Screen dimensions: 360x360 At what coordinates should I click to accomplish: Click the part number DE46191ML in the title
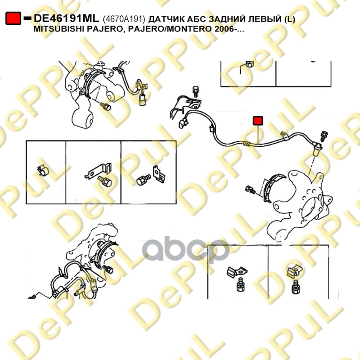(x=66, y=18)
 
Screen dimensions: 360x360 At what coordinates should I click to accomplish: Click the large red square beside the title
(x=13, y=18)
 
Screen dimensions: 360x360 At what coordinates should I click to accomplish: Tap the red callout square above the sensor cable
(x=258, y=121)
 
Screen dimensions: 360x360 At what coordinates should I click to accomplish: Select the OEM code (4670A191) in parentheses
(x=124, y=19)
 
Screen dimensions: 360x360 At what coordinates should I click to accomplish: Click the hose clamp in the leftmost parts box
(x=43, y=170)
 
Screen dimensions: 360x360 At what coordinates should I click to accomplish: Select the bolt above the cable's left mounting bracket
(x=196, y=91)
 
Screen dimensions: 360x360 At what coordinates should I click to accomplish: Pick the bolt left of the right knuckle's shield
(x=251, y=189)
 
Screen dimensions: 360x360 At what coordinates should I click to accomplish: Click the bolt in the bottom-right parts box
(x=296, y=287)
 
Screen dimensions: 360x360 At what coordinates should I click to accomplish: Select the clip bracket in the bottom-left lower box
(x=237, y=272)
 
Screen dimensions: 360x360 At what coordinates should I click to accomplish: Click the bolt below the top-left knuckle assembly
(x=106, y=107)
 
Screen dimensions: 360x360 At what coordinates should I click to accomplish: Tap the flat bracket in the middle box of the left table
(x=98, y=171)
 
